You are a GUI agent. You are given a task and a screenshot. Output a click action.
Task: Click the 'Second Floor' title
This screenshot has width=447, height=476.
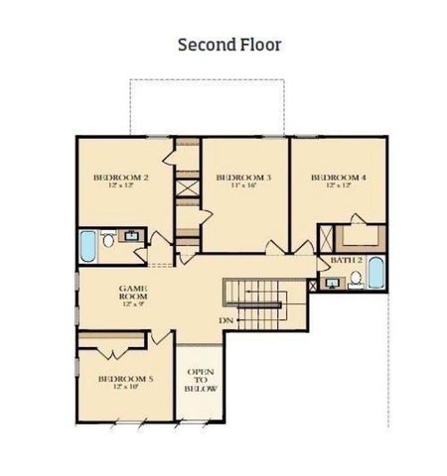pos(229,45)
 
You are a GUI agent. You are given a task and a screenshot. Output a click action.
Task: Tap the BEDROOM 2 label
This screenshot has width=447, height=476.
pos(120,178)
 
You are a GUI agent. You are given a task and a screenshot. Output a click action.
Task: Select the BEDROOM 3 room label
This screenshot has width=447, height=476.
pos(243,178)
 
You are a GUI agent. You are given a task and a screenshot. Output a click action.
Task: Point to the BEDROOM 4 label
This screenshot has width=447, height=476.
pos(339,178)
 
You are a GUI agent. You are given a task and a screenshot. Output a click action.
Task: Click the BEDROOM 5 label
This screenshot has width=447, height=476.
pos(125,379)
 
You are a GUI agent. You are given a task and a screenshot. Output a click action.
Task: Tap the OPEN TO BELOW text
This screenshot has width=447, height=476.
pos(201,381)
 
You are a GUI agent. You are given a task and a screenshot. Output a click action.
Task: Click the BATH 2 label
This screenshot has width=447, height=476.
pos(346,259)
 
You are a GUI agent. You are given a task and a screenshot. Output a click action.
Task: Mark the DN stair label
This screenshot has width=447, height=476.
pos(227,321)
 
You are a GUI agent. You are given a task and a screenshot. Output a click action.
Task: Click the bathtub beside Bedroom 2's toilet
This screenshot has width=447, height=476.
pos(88,246)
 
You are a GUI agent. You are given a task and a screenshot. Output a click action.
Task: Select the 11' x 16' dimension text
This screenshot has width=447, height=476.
pos(243,186)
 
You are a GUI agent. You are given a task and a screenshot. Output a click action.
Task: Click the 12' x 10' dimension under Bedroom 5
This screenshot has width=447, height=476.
pos(125,389)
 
